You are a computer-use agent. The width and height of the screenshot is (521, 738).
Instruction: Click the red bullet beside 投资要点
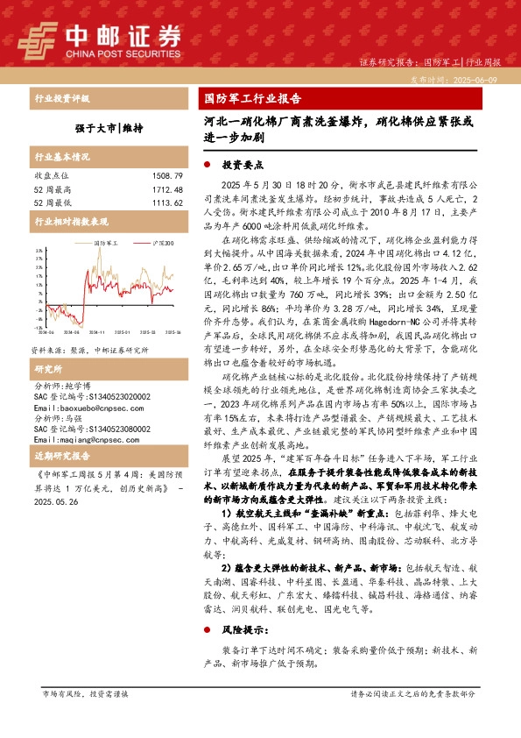click(x=206, y=164)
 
